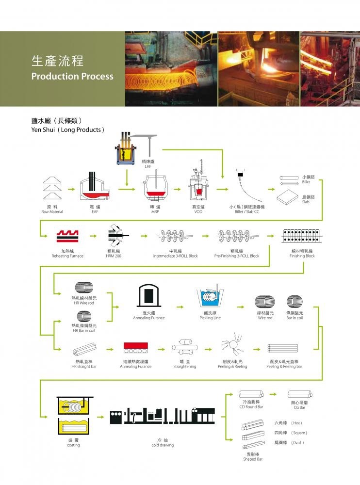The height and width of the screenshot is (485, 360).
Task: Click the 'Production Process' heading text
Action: point(72,77)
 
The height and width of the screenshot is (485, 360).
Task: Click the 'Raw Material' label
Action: point(52,212)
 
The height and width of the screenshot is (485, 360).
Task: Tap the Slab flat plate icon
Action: point(291,196)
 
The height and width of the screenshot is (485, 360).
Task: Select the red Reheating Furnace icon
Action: point(67,236)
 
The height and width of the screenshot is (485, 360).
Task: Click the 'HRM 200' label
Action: point(114,256)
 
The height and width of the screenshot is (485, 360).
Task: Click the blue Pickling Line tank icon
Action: point(210,300)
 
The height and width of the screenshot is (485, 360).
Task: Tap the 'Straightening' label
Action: point(184,367)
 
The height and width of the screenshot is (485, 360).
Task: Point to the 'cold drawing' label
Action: point(162,445)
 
